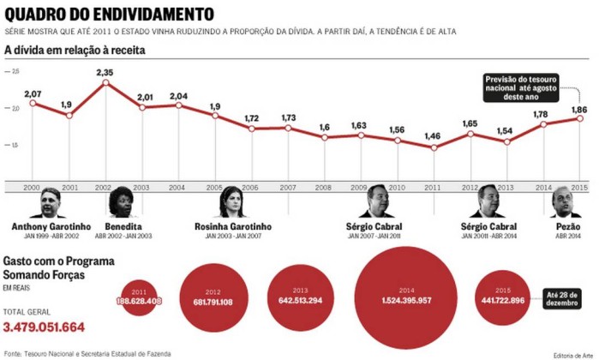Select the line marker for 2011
435,147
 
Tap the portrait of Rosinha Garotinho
232,202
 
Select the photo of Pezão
563,202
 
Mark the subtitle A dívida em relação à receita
75,51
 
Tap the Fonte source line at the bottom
87,352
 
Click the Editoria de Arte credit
572,354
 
